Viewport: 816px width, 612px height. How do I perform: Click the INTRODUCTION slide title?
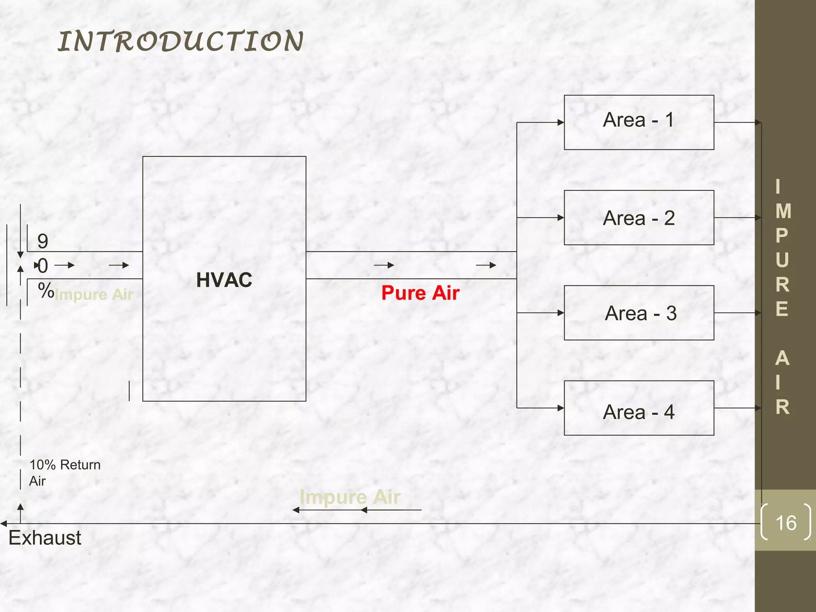180,41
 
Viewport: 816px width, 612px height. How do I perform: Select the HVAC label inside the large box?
224,280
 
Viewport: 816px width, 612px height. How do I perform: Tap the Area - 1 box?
639,122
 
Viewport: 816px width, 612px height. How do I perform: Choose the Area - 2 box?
639,218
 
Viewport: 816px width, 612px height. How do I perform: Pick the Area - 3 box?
639,313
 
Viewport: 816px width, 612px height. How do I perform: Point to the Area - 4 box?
639,408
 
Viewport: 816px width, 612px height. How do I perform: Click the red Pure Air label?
420,293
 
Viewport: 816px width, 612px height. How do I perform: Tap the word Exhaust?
45,538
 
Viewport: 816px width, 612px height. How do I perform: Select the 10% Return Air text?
65,473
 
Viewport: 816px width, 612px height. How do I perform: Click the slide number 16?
786,523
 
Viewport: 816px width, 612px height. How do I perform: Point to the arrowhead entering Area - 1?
561,122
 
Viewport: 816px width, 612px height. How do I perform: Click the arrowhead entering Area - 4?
561,408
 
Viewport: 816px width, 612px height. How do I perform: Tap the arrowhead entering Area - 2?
561,218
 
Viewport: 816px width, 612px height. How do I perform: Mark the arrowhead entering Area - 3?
561,313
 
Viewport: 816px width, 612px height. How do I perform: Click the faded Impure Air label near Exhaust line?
350,497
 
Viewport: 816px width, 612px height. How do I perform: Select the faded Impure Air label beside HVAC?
94,295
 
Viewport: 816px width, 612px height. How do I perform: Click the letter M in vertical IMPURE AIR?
783,211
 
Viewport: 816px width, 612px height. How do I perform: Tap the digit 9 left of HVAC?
43,241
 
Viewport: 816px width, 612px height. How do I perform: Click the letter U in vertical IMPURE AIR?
782,260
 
